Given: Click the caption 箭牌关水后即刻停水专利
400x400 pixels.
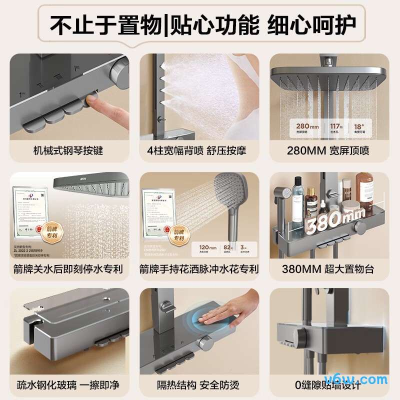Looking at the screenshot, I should pos(68,269).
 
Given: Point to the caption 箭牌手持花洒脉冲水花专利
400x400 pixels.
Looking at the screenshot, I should pos(199,269).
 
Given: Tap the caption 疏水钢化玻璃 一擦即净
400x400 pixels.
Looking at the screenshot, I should pos(68,385).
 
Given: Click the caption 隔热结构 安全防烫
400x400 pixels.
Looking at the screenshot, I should pos(199,385).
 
